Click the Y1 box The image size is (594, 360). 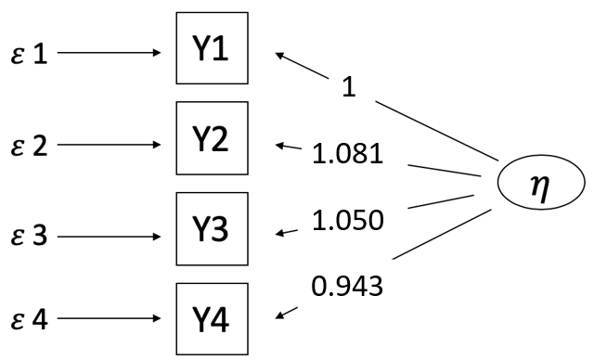pos(213,47)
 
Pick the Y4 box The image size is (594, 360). pos(213,318)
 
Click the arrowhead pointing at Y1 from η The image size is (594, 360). pos(279,55)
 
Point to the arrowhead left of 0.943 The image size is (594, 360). pos(281,318)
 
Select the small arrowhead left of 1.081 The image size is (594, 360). pos(281,145)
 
